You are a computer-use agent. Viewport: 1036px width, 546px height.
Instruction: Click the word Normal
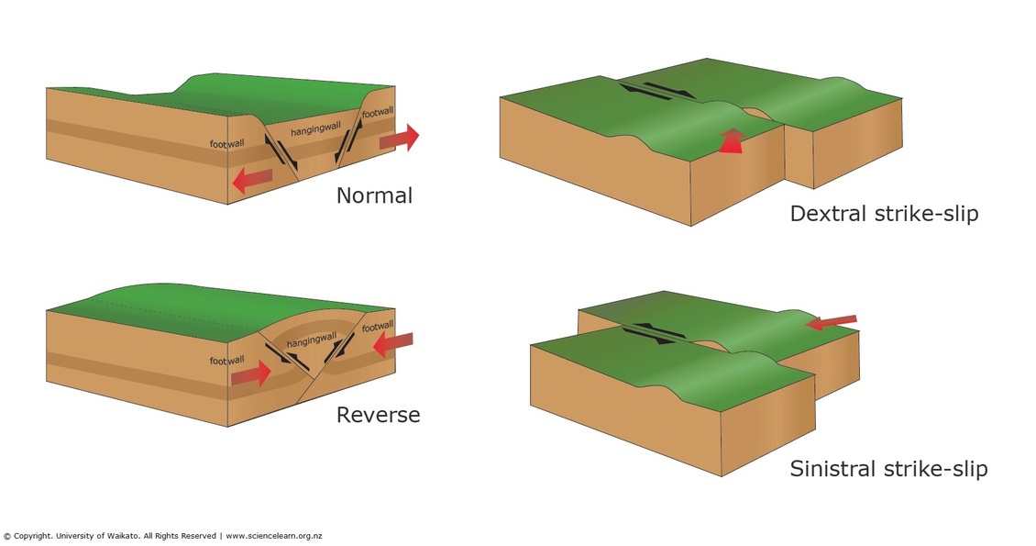tap(374, 195)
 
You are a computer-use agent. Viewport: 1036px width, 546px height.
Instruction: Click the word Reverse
tap(378, 415)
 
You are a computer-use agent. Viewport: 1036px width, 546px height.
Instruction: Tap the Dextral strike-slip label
tap(884, 215)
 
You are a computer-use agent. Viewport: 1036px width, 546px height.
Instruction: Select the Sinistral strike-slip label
tap(888, 469)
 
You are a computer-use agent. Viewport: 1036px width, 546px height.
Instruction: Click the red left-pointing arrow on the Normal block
tap(252, 180)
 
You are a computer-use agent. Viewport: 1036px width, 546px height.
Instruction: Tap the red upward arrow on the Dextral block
tap(730, 141)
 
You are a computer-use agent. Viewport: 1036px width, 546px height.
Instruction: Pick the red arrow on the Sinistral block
tap(831, 321)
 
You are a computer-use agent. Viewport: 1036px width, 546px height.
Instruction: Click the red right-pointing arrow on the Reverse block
tap(251, 373)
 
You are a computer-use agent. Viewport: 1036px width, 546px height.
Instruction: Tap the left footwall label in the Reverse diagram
tap(226, 361)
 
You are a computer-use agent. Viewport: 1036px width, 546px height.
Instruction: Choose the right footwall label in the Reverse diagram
tap(378, 326)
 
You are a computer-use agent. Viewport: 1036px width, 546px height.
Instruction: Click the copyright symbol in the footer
tap(6, 536)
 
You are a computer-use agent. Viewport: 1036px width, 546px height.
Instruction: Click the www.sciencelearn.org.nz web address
tap(273, 536)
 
